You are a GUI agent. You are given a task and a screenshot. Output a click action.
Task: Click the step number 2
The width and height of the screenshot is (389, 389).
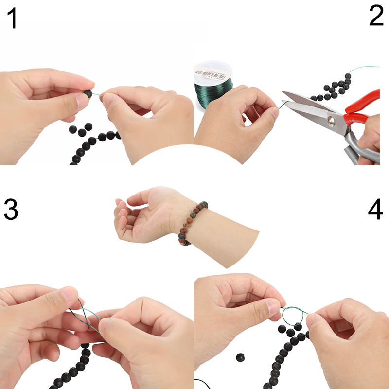tap(376, 17)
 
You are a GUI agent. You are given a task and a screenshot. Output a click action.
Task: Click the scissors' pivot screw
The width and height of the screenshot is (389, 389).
tap(332, 119)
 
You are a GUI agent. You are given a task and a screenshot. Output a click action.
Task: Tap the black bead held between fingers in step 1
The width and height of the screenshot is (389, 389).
tap(88, 94)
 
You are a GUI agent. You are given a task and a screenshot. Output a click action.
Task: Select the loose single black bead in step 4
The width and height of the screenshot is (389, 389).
tap(240, 357)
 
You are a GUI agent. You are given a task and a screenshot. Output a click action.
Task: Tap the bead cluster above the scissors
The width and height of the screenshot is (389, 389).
tap(333, 88)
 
